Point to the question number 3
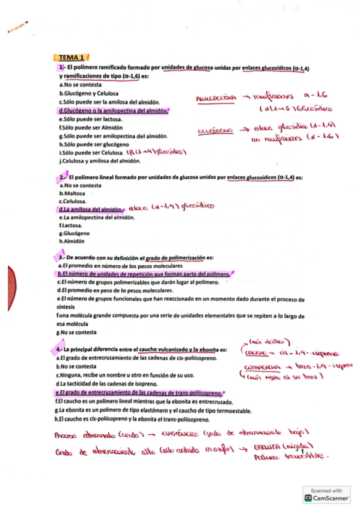62,257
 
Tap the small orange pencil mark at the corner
18,27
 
